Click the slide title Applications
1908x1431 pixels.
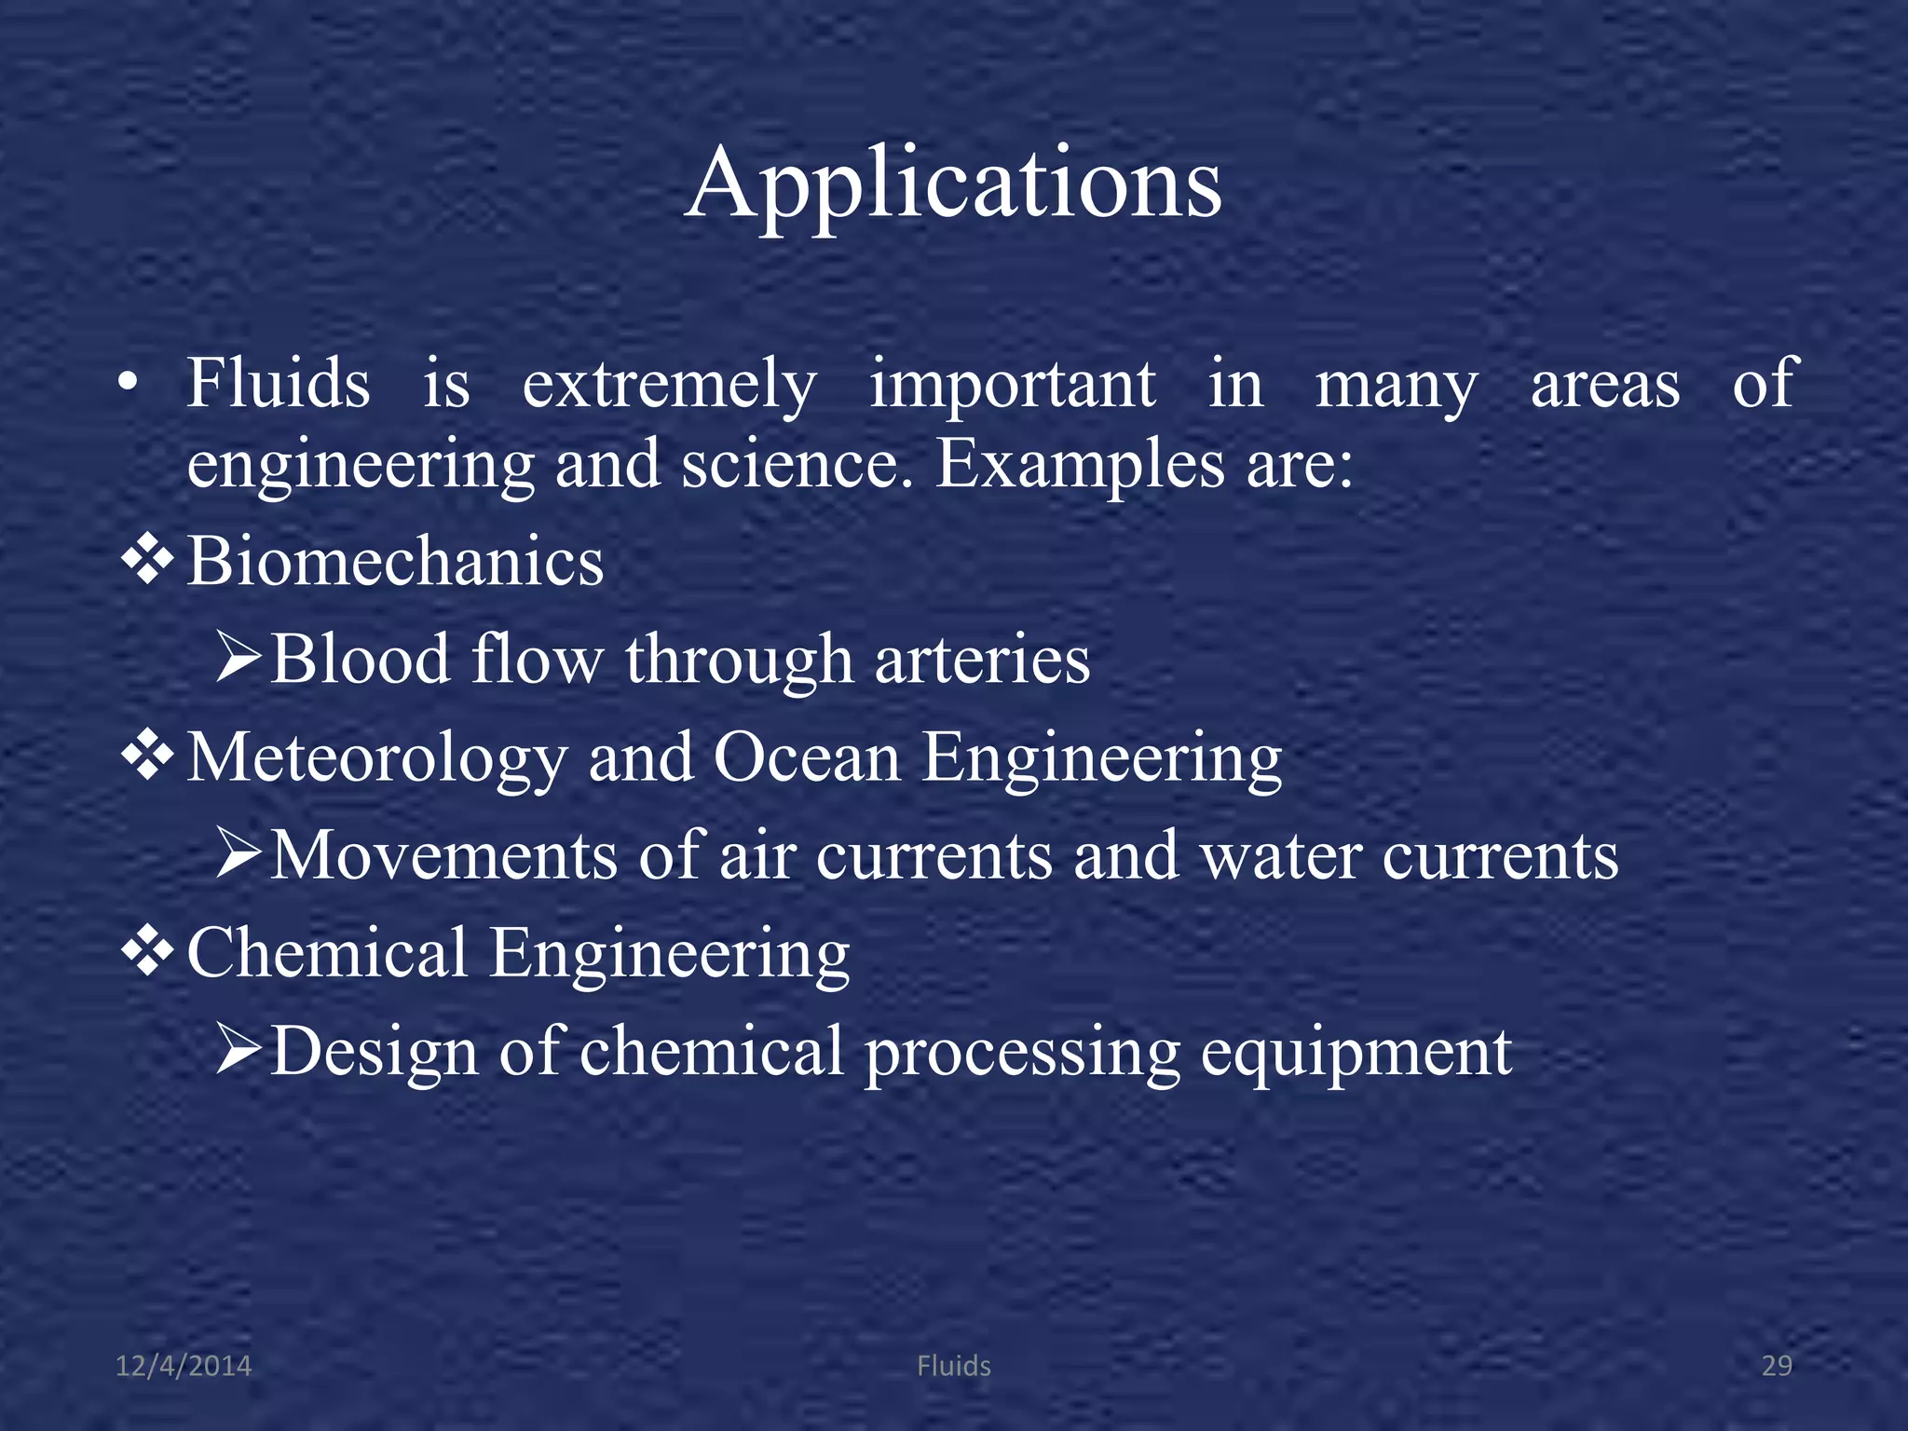[953, 184]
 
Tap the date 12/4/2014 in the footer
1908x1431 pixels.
[184, 1366]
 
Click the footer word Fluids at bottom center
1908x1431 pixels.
[954, 1366]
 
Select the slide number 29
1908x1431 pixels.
[1777, 1366]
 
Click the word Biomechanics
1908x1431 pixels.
[395, 562]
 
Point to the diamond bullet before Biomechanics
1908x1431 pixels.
[148, 562]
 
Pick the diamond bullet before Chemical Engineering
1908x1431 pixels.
[148, 952]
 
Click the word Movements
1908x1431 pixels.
[443, 855]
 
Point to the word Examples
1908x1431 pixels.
[1080, 465]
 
